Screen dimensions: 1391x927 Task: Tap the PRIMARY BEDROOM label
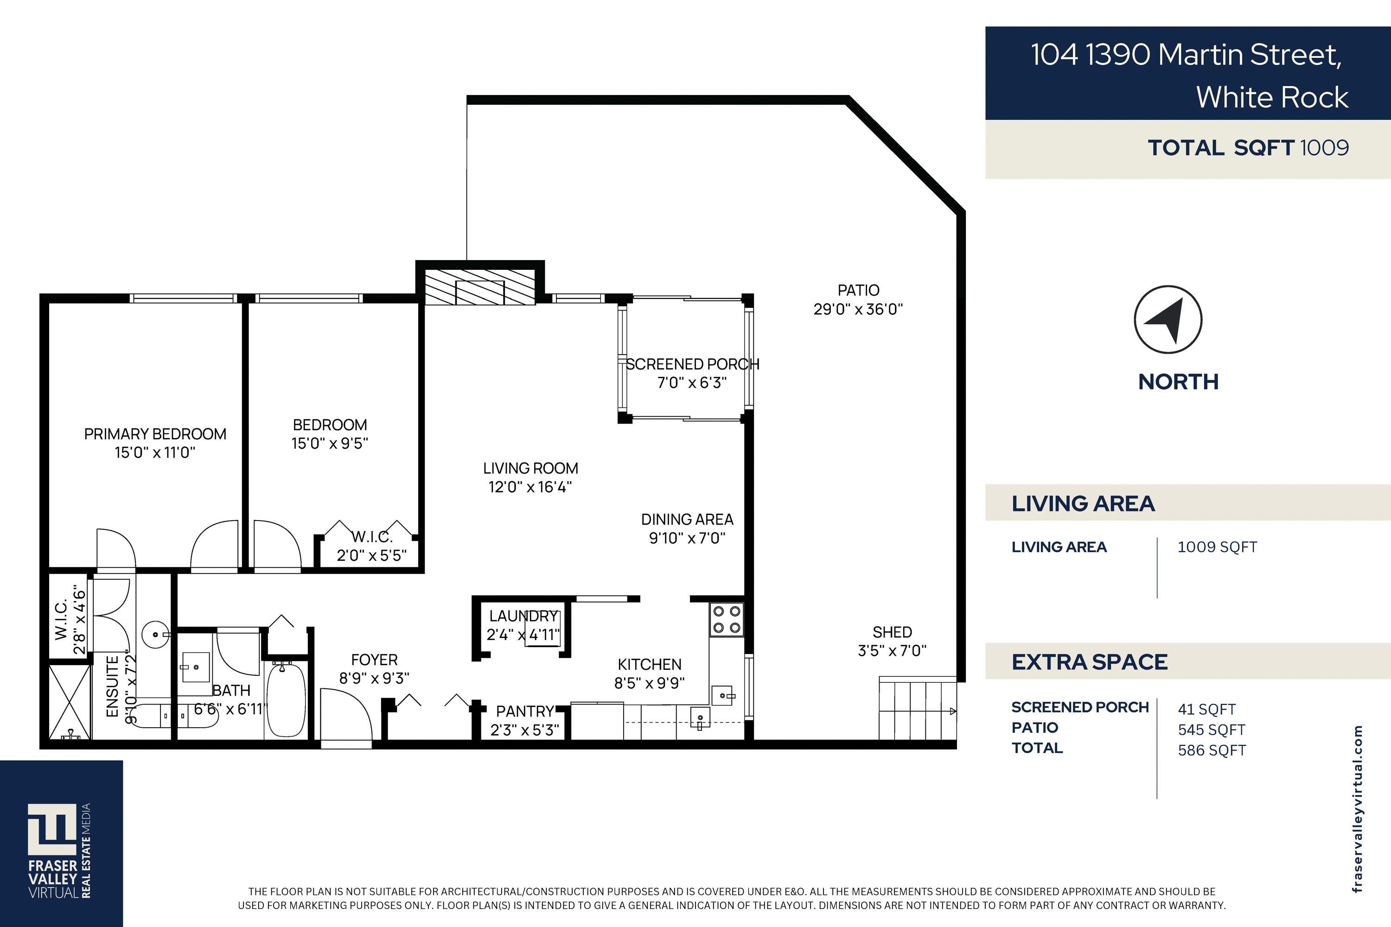coord(155,434)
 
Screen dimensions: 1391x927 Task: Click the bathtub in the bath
coord(286,699)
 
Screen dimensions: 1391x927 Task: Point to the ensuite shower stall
coord(70,702)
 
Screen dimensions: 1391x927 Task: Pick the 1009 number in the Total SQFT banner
coord(1324,147)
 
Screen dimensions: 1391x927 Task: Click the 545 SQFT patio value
coord(1211,730)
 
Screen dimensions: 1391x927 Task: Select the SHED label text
coord(892,632)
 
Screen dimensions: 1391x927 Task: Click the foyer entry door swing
coord(346,714)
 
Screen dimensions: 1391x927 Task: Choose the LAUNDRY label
coord(523,616)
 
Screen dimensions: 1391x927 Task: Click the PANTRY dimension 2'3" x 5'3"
coord(524,730)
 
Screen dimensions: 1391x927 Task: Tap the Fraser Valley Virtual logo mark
coord(53,830)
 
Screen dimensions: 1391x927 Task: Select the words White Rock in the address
coord(1272,97)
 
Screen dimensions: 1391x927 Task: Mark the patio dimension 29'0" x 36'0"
coord(858,309)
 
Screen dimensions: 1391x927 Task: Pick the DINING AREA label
coord(687,519)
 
